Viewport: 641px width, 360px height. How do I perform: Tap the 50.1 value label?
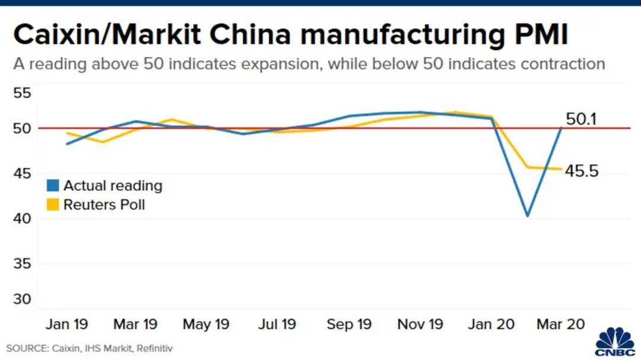tap(581, 120)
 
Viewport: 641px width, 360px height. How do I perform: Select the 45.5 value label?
tap(582, 172)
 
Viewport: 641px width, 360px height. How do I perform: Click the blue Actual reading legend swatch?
tap(53, 186)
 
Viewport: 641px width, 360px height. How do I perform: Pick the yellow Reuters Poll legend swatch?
tap(53, 205)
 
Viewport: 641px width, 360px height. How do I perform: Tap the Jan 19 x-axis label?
tap(66, 324)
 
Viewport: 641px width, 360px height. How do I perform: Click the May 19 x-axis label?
tap(205, 324)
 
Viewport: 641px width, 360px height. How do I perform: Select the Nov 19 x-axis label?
tap(420, 324)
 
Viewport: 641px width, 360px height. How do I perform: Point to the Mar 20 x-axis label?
tap(560, 324)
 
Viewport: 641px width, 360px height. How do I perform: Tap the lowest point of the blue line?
tap(527, 216)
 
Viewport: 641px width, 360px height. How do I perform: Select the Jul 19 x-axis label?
tap(277, 324)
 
